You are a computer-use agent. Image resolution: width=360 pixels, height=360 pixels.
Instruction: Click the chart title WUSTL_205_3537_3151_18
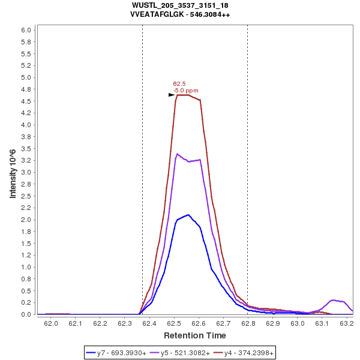179,5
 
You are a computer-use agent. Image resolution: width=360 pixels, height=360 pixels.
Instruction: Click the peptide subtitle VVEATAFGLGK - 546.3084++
179,14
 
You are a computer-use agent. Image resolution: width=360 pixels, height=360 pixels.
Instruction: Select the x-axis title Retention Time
195,335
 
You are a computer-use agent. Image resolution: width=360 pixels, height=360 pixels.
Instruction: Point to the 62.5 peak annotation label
179,84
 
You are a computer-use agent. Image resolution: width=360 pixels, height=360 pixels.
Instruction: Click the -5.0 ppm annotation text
185,91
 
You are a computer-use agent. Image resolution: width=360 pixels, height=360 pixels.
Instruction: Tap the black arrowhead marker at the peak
172,95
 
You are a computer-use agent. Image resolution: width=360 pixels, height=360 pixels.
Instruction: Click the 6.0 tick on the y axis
26,30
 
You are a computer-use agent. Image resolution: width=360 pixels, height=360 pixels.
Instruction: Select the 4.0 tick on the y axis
26,125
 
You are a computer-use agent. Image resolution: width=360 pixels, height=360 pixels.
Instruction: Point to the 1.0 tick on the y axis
26,267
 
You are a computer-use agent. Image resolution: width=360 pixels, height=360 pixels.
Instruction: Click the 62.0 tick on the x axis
50,324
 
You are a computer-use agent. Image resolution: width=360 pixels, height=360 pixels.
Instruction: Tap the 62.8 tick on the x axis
248,324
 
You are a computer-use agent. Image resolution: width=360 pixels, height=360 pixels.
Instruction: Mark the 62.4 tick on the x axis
149,324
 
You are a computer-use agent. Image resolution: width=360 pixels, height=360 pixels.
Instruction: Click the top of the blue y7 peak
188,215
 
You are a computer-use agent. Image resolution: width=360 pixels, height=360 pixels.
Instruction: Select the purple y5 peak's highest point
177,154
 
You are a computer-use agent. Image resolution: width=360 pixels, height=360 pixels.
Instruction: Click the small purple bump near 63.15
334,300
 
